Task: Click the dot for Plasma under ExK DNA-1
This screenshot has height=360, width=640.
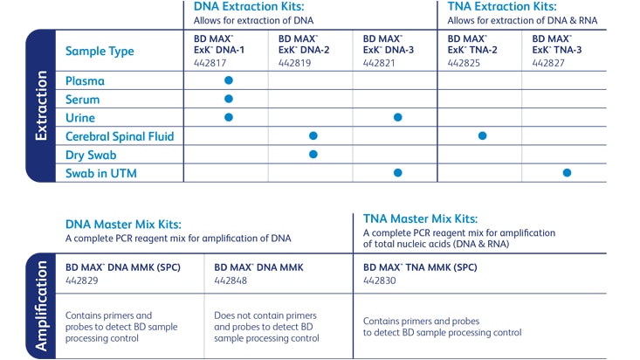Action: click(x=229, y=80)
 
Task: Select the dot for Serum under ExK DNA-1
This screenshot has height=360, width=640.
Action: click(x=229, y=99)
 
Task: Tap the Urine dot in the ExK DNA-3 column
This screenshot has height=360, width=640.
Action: click(x=398, y=117)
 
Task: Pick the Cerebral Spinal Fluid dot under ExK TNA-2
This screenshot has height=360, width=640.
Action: click(x=482, y=135)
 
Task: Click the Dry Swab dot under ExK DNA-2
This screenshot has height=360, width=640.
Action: click(x=313, y=154)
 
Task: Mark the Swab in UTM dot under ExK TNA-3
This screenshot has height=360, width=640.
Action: click(x=567, y=173)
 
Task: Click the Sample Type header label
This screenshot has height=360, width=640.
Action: click(x=100, y=51)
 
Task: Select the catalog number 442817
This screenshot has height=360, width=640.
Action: click(x=210, y=62)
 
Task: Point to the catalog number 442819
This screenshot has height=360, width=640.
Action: click(x=294, y=62)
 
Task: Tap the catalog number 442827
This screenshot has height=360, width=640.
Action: click(x=548, y=62)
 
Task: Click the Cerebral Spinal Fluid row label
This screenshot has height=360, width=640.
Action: click(x=120, y=135)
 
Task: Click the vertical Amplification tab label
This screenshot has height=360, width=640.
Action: click(x=40, y=306)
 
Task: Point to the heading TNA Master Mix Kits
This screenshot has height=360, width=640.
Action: click(x=420, y=218)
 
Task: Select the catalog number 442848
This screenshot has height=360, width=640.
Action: click(x=231, y=280)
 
